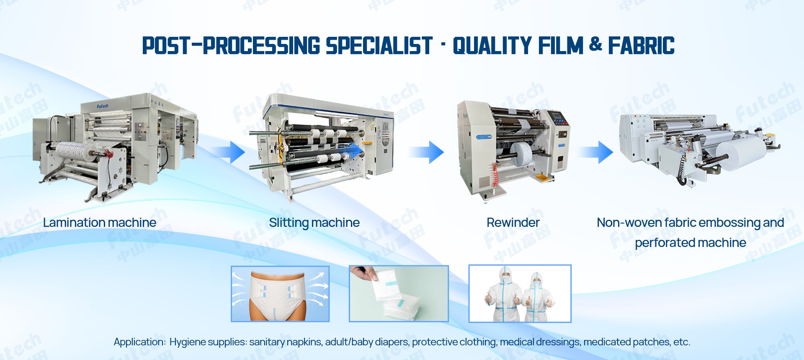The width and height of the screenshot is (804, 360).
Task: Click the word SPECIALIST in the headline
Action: (379, 46)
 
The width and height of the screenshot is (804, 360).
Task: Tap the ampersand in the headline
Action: (595, 44)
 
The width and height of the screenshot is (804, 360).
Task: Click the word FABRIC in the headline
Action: (641, 46)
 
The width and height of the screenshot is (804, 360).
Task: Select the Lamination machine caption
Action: (100, 223)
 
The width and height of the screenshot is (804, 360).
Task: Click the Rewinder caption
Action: (513, 223)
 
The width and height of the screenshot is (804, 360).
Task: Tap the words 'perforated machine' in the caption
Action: (691, 243)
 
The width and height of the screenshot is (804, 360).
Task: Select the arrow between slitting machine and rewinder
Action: (426, 152)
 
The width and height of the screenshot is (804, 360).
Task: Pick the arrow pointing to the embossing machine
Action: (596, 152)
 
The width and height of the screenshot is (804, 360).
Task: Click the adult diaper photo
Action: (280, 294)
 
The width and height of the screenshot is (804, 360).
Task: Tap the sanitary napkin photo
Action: (399, 294)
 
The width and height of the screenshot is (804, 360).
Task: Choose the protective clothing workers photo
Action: (520, 294)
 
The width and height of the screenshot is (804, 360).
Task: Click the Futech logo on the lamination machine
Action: (103, 106)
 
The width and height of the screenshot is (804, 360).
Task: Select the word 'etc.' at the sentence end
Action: (682, 342)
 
